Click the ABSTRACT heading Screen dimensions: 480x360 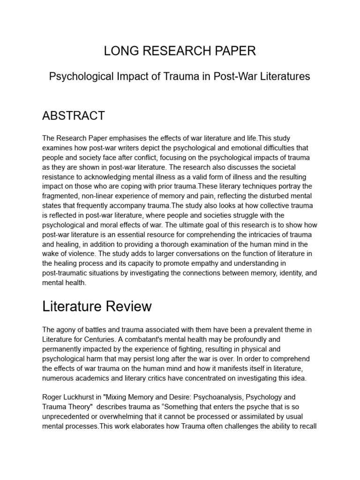click(x=74, y=116)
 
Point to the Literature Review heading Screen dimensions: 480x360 click(x=97, y=307)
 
